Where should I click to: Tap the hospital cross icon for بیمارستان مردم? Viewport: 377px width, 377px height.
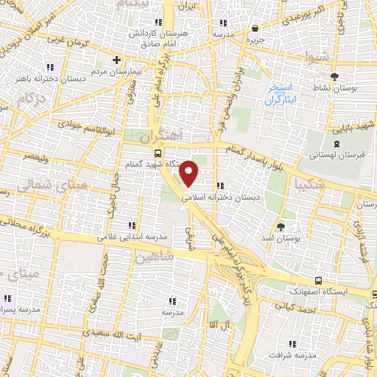point(116,60)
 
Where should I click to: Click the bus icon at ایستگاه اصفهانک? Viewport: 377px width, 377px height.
point(318,280)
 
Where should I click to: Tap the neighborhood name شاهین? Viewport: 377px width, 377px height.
point(153,258)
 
